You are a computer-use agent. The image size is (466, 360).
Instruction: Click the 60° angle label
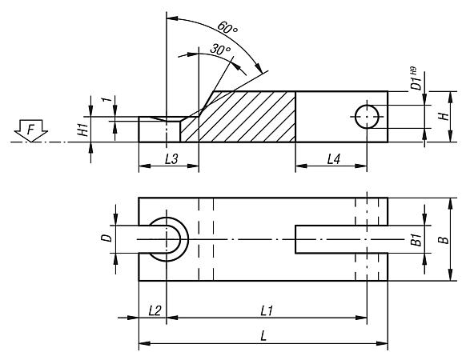(227, 28)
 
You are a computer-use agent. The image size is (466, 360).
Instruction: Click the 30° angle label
(220, 49)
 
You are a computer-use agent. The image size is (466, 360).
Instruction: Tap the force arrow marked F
(31, 130)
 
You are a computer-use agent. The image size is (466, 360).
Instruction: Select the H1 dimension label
(83, 130)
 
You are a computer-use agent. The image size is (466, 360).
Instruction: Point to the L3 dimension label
(171, 159)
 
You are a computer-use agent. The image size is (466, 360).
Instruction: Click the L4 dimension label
(333, 159)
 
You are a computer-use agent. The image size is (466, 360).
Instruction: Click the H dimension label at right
(444, 116)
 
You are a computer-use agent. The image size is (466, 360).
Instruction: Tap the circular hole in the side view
(367, 117)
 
